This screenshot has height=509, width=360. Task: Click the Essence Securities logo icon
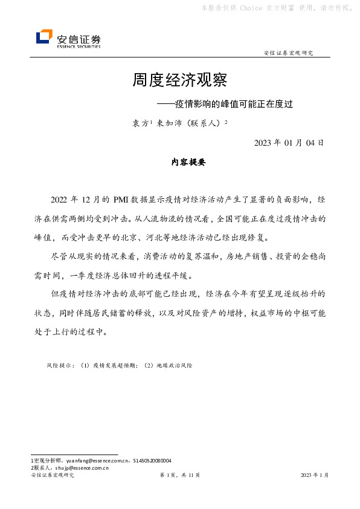(x=44, y=37)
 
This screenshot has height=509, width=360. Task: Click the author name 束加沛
(x=168, y=123)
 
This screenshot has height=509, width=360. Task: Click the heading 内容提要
(x=189, y=163)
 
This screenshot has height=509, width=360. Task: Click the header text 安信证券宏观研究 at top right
(x=289, y=53)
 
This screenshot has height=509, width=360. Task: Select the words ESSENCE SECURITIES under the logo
(x=79, y=46)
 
